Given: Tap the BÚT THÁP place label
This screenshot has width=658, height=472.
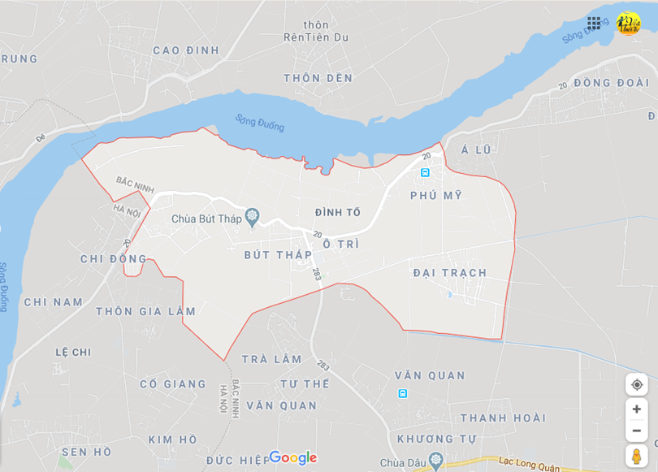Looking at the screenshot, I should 278,255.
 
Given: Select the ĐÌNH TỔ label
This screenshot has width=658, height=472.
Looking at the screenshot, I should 338,213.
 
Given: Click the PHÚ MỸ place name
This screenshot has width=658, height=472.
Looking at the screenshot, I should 436,196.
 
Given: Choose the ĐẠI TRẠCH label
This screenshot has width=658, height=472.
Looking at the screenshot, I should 450,273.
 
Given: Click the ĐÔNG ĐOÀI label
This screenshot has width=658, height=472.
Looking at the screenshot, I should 611,83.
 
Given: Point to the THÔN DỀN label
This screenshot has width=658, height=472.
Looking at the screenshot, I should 318,78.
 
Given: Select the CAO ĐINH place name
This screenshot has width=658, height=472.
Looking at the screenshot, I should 186,50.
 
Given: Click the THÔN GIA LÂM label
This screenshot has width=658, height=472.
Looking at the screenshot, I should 146,311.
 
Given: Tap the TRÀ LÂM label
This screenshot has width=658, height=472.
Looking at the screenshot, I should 271,359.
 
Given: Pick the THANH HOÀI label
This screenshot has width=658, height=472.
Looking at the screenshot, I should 503,418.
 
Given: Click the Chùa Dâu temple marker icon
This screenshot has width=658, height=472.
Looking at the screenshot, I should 436,461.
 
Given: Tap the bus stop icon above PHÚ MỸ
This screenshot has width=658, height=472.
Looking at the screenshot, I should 424,173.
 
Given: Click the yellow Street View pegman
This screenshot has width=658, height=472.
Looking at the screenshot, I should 637,456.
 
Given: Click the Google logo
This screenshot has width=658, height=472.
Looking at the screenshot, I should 292,458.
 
